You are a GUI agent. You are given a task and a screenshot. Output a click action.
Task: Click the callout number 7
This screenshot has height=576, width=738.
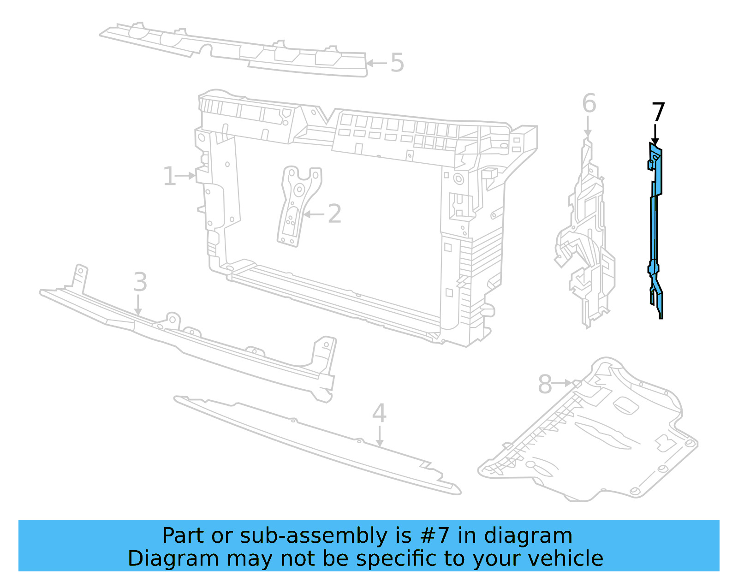[658, 112]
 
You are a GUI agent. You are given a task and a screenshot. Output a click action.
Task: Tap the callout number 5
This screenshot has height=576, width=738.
[397, 63]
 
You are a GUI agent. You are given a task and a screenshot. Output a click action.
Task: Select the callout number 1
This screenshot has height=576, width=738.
[169, 177]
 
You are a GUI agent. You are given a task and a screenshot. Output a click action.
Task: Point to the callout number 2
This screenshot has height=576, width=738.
[334, 214]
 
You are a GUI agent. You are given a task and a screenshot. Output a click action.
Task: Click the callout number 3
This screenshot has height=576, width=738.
[140, 282]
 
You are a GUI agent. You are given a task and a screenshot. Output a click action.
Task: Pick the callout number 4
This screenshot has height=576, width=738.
[379, 413]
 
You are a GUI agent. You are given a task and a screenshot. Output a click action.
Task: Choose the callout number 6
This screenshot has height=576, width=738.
[589, 104]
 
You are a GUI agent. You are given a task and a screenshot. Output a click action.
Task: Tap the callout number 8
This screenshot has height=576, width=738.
[545, 384]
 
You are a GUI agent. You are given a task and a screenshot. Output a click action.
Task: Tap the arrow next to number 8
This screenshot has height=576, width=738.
[563, 383]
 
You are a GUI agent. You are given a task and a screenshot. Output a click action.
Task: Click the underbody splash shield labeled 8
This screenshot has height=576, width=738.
[595, 433]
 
